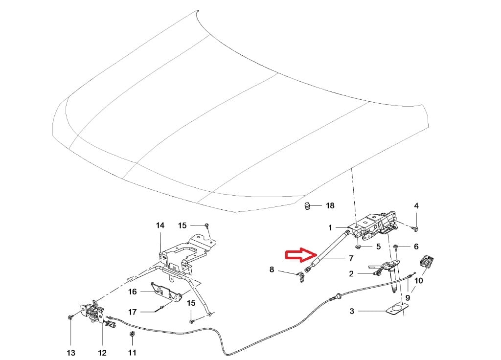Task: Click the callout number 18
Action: coord(330,205)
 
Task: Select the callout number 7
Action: coord(351,258)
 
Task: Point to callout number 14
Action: coord(160,225)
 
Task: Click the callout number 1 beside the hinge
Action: coord(330,227)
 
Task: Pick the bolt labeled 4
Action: coord(416,229)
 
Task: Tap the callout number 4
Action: coord(416,206)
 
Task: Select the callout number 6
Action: coord(416,247)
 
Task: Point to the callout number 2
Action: coord(351,274)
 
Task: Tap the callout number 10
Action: coord(418,281)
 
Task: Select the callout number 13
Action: coord(71,353)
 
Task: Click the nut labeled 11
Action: coord(133,335)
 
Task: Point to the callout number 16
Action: coord(133,292)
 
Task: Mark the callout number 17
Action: coord(133,312)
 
